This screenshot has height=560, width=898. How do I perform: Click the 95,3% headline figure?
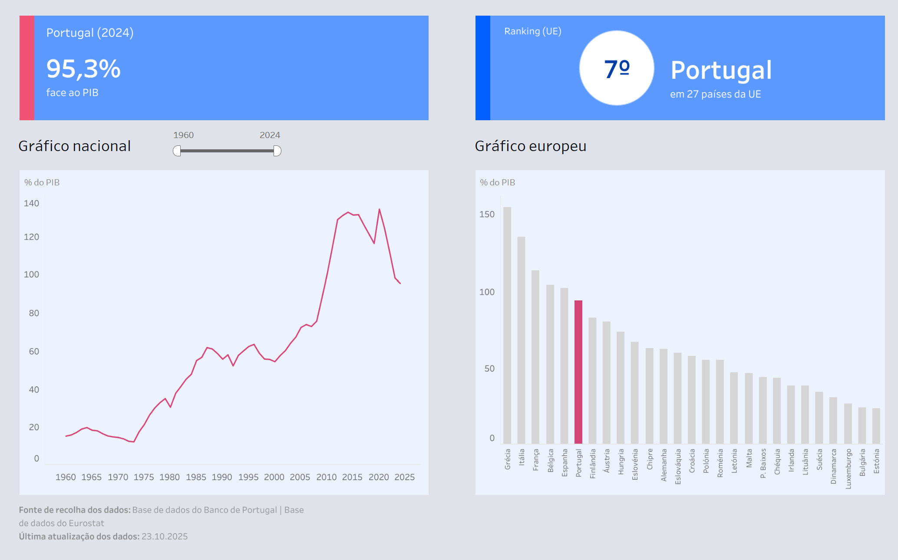pos(83,69)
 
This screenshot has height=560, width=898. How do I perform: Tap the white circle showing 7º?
pos(617,68)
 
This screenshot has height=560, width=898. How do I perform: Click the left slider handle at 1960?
pos(177,151)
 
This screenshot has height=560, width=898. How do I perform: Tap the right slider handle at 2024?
pos(277,151)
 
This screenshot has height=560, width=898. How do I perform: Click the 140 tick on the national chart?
pos(31,203)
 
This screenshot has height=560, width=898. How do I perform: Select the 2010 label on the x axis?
pos(326,477)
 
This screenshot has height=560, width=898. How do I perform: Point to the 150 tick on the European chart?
pos(487,214)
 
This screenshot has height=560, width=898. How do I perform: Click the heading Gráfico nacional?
pos(74,146)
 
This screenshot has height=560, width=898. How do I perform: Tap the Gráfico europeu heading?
pos(530,146)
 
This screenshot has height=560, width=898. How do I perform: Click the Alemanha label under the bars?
pos(664,465)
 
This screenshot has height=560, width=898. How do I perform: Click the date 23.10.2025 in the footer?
pos(165,537)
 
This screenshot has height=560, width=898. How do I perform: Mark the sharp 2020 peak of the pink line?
pos(379,210)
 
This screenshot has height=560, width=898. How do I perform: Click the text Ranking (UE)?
pos(533,31)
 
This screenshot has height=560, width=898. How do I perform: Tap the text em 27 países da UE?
pos(715,94)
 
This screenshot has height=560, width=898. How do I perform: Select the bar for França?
pos(535,356)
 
